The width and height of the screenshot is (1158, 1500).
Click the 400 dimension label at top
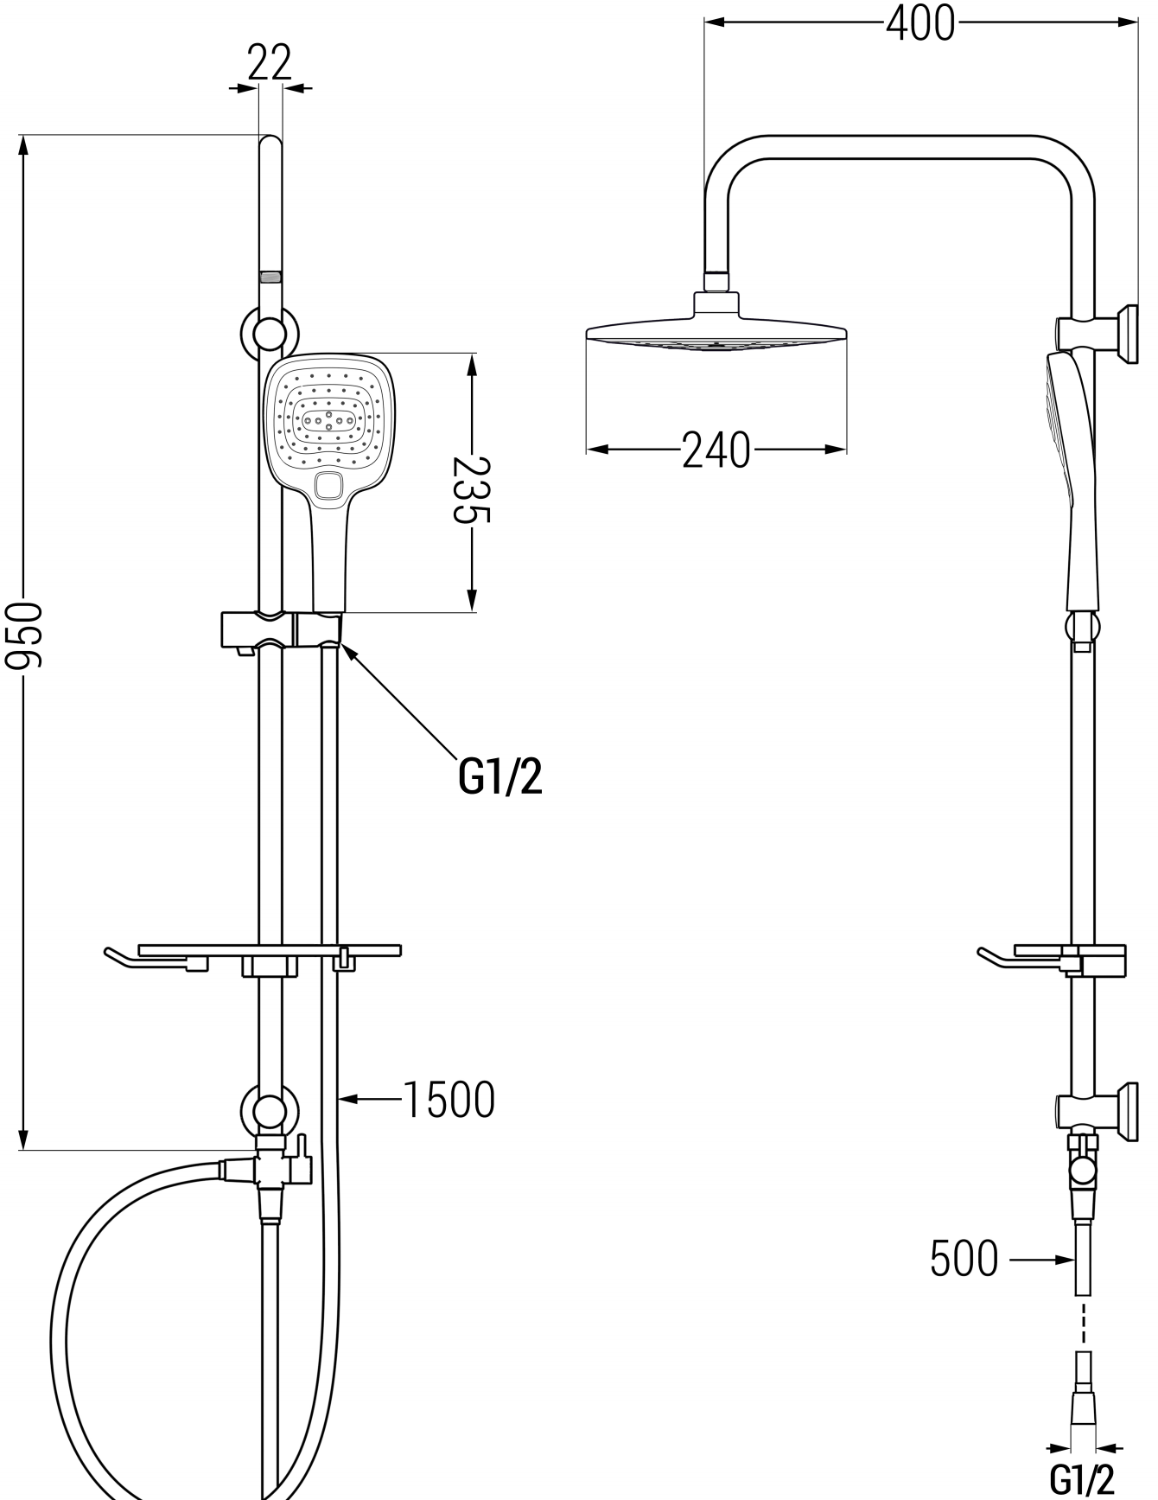920,23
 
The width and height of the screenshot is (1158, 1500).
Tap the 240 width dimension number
716,450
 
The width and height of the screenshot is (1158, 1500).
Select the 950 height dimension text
23,636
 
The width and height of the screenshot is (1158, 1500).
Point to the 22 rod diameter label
270,62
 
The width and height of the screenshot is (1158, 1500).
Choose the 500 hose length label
964,1259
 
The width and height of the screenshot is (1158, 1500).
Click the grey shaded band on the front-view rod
270,278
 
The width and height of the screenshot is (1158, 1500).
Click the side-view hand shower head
1065,432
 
